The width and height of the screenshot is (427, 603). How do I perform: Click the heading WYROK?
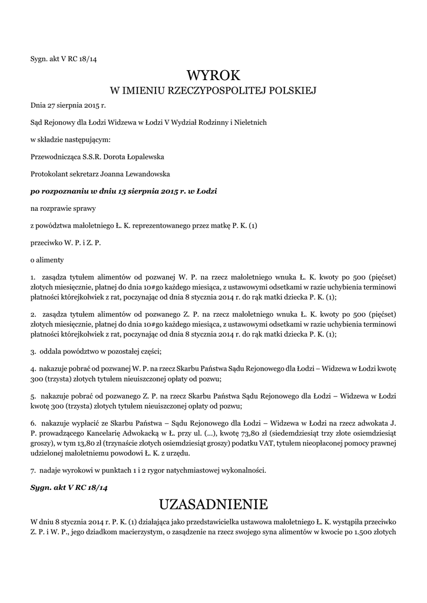pyautogui.click(x=214, y=75)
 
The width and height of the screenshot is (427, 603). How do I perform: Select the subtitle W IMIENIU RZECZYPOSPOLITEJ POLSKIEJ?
pyautogui.click(x=214, y=91)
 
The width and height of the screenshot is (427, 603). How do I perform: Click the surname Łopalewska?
pyautogui.click(x=147, y=157)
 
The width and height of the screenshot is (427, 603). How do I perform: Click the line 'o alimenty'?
pyautogui.click(x=47, y=260)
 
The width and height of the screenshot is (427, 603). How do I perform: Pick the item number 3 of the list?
pyautogui.click(x=33, y=352)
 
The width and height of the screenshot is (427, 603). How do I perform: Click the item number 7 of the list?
pyautogui.click(x=33, y=470)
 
